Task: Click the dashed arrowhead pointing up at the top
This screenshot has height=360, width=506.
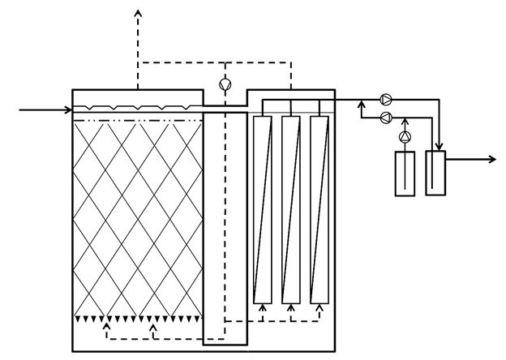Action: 138,13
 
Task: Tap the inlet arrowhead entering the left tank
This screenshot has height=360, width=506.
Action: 68,109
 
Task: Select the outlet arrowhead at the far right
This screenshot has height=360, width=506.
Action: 491,159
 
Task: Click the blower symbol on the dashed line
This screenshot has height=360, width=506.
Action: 225,83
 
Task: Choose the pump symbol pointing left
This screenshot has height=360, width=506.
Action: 386,118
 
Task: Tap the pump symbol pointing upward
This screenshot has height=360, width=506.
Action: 405,136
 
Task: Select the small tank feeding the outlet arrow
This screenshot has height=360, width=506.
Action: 435,172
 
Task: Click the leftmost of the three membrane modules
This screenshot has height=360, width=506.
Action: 262,208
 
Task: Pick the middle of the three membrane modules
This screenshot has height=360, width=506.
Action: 290,208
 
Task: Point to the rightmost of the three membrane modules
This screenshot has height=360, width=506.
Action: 319,208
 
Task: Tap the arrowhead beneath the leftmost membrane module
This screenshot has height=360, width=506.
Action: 262,307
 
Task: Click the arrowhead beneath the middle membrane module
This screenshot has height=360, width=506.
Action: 290,307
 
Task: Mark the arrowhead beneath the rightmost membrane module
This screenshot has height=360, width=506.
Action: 319,307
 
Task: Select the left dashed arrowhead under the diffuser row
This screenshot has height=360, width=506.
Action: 106,327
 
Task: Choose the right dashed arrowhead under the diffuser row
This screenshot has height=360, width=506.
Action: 153,327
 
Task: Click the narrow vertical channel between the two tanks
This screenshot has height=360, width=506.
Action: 225,227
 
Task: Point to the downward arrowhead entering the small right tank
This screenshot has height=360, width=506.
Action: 439,146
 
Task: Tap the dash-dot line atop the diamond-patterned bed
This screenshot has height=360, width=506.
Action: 138,121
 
